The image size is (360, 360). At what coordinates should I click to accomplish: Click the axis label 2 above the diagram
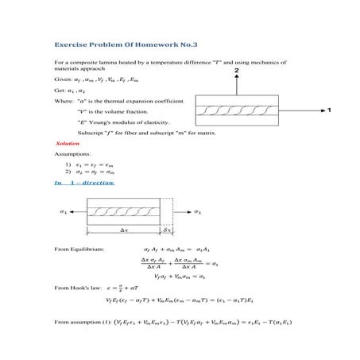click(236, 71)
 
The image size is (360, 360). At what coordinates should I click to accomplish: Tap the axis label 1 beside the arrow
click(327, 110)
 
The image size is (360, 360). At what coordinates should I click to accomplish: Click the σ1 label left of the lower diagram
click(64, 213)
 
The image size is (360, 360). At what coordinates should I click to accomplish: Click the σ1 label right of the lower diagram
click(198, 213)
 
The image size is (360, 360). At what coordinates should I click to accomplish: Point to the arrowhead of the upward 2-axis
click(236, 80)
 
